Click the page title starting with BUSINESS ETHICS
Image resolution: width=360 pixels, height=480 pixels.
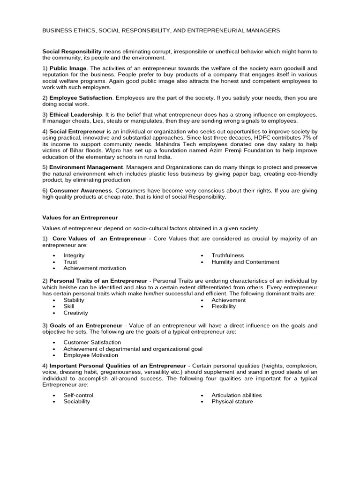pyautogui.click(x=161, y=30)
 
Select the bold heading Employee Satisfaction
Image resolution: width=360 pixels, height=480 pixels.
pyautogui.click(x=81, y=98)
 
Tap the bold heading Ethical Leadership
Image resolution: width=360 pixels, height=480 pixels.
pyautogui.click(x=75, y=114)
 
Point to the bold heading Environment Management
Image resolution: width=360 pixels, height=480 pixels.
pyautogui.click(x=86, y=167)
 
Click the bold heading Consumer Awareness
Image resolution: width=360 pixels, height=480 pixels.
pyautogui.click(x=81, y=191)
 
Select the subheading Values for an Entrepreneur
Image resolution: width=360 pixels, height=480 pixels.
pyautogui.click(x=80, y=217)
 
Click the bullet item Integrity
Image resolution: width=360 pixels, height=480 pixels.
pyautogui.click(x=74, y=255)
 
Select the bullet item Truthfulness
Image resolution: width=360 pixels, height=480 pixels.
pyautogui.click(x=227, y=255)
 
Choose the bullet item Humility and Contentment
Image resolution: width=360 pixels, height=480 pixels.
pyautogui.click(x=245, y=262)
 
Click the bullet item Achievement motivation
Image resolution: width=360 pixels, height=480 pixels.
pyautogui.click(x=95, y=268)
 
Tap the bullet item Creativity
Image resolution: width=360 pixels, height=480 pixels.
pyautogui.click(x=75, y=313)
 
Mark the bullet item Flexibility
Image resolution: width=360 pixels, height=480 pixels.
pyautogui.click(x=224, y=306)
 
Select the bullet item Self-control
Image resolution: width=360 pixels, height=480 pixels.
pyautogui.click(x=78, y=395)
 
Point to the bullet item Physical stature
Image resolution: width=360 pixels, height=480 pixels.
pyautogui.click(x=232, y=401)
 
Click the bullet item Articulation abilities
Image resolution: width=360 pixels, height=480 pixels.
pyautogui.click(x=236, y=395)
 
